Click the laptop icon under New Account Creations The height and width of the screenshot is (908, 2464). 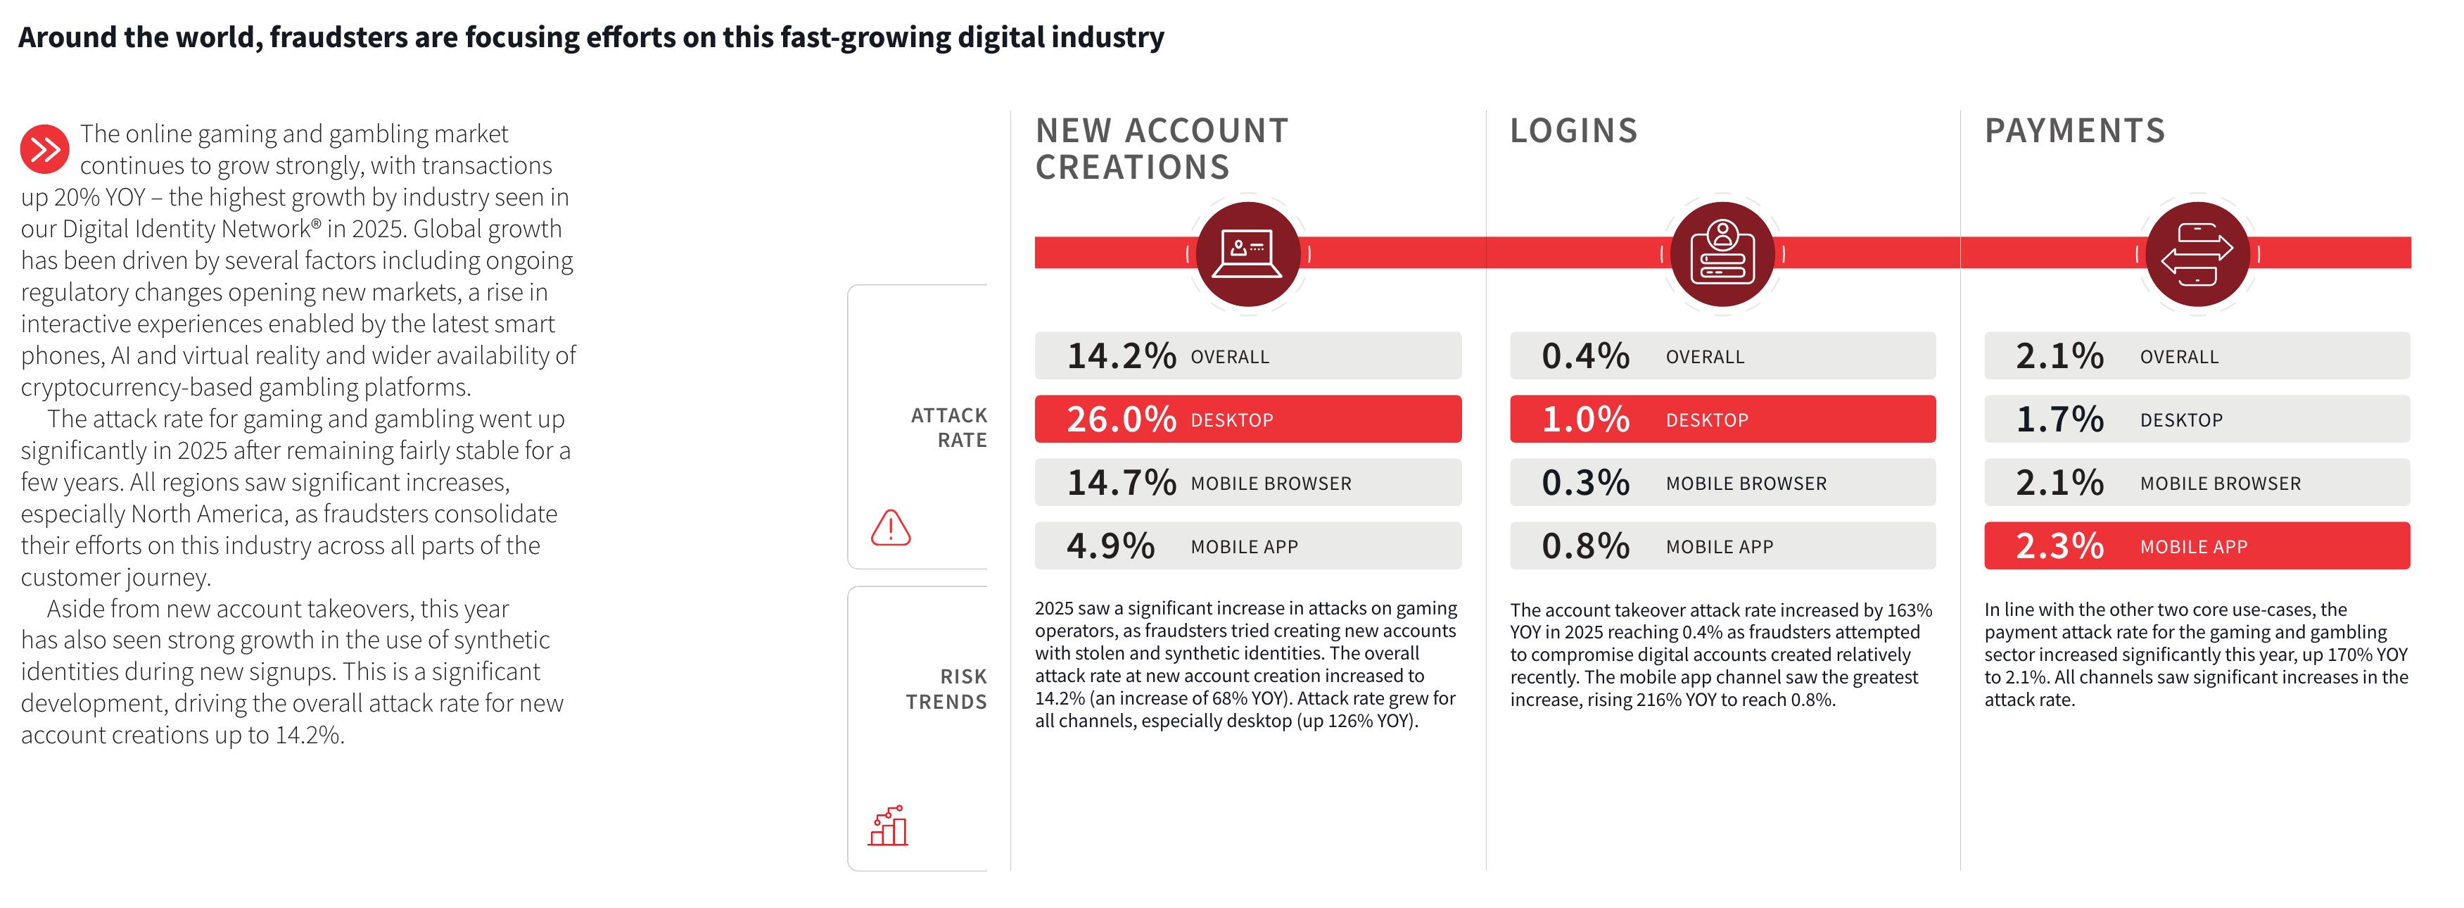pyautogui.click(x=1247, y=253)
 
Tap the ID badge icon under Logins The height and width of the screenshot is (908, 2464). pyautogui.click(x=1722, y=253)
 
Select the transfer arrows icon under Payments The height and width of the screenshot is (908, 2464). pyautogui.click(x=2197, y=253)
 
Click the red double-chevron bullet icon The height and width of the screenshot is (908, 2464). pyautogui.click(x=44, y=149)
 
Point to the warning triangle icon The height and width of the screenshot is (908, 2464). pyautogui.click(x=891, y=527)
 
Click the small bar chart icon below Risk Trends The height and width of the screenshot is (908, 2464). pyautogui.click(x=888, y=826)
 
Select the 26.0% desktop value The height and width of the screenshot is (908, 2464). pyautogui.click(x=1121, y=419)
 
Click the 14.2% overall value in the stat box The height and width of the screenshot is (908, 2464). pyautogui.click(x=1121, y=356)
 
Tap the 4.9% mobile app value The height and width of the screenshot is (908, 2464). pyautogui.click(x=1110, y=546)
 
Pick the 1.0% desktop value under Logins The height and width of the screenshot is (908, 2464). pyautogui.click(x=1585, y=419)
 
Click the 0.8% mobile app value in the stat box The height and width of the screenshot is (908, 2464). pyautogui.click(x=1585, y=546)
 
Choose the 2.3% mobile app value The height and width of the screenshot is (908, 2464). pyautogui.click(x=2059, y=546)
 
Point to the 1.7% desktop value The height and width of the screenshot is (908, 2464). pyautogui.click(x=2059, y=419)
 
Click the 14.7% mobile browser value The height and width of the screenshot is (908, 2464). pyautogui.click(x=1121, y=482)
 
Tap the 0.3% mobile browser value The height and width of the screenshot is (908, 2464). pyautogui.click(x=1585, y=482)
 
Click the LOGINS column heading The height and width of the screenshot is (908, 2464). pyautogui.click(x=1573, y=131)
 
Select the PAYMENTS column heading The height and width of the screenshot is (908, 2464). pyautogui.click(x=2075, y=131)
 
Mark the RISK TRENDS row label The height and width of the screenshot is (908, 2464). pyautogui.click(x=947, y=689)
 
